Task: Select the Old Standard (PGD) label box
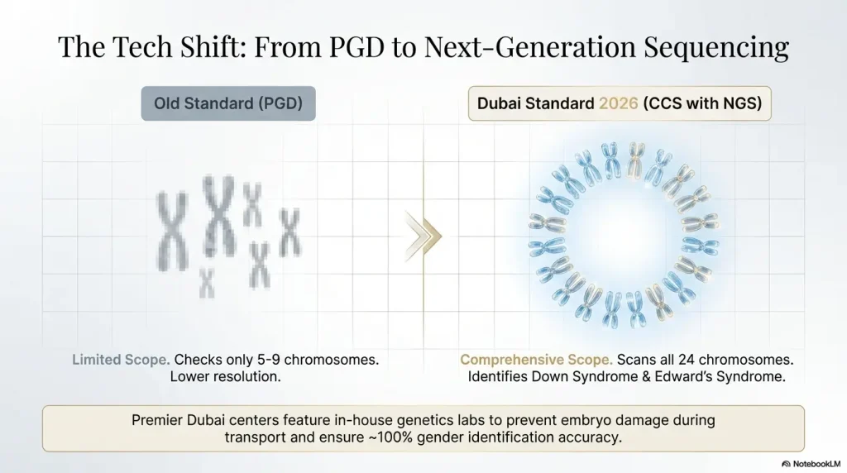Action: point(227,104)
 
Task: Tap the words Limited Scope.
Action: point(121,361)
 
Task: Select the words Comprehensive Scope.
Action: point(536,361)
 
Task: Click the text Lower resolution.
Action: point(226,377)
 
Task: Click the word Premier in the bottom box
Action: point(159,420)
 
